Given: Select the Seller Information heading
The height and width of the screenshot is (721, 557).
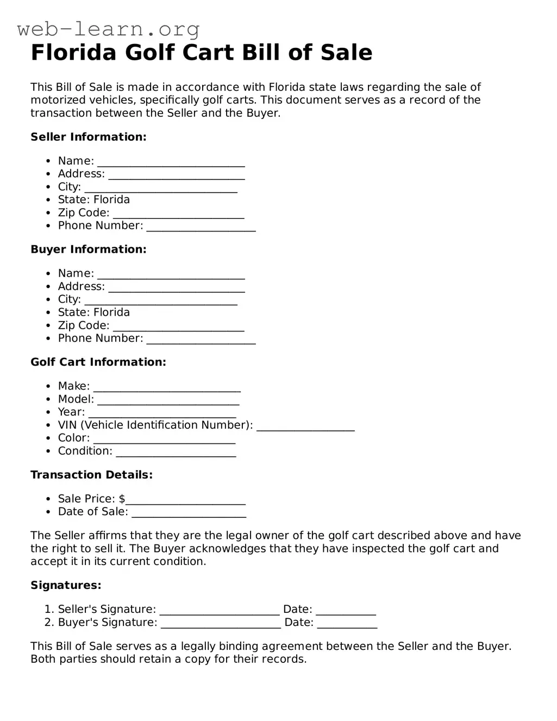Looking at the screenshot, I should tap(89, 137).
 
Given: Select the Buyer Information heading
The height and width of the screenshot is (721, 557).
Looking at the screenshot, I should tap(89, 249).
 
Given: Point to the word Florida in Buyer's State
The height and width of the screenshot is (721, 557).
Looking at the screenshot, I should tap(112, 312).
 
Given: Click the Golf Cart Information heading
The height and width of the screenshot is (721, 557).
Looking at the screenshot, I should tap(98, 362).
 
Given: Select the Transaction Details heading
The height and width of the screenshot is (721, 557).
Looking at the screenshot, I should tap(91, 475).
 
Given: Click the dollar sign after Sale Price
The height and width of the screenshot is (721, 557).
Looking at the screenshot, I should tap(122, 499).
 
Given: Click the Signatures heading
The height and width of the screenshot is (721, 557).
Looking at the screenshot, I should tap(66, 585).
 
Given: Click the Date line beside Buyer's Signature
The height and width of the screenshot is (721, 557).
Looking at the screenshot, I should tap(347, 624).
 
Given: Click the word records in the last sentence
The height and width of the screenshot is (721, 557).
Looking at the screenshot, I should tap(286, 659).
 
